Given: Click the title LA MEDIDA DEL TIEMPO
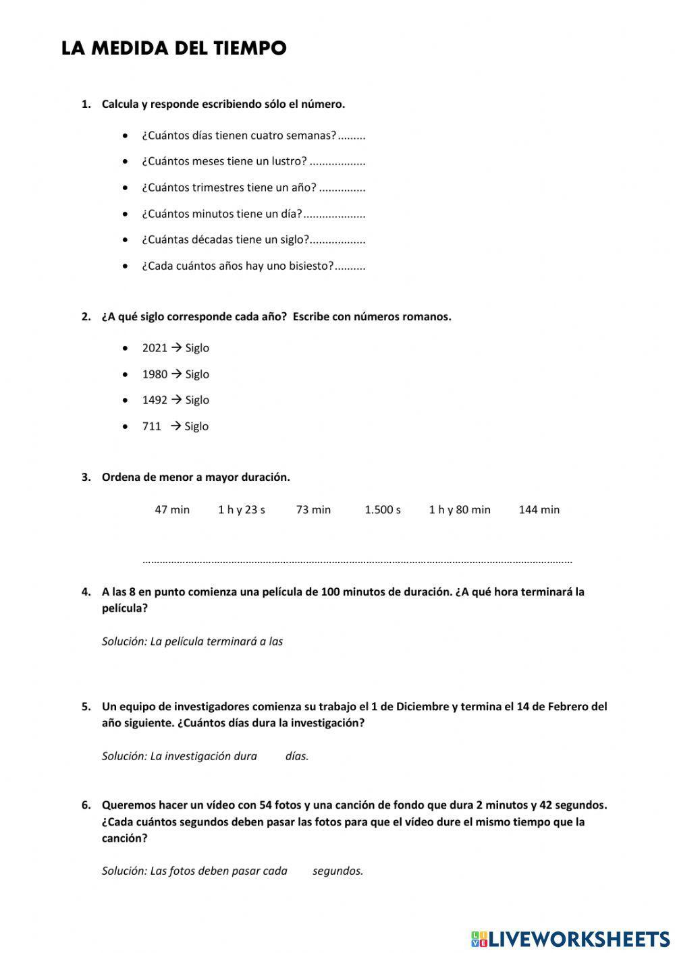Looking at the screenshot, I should coord(173,49).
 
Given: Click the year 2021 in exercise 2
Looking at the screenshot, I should coord(155,348).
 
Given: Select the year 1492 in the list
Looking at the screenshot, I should coord(155,400).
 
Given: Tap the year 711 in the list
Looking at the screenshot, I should coord(151,426).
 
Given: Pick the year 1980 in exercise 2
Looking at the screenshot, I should coord(155,374).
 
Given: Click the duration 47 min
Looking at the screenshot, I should coord(172,510).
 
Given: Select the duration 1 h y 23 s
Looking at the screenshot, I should coord(241,510).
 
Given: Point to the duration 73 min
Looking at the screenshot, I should coord(313,510).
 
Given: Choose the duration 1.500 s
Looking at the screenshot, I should coord(383,510).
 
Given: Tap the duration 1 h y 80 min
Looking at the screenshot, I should coord(460,510).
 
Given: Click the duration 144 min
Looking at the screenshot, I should coord(539,510).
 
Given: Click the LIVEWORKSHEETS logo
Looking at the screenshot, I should coord(570,938).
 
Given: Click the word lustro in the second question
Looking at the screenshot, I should coord(289,162).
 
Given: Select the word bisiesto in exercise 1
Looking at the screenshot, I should coord(311,266).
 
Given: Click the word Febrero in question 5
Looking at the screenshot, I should coord(568,707).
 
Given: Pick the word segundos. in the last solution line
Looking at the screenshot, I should coord(337,871).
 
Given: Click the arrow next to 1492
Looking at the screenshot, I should coord(176,400).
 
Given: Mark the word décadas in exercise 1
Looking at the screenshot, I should coord(206,239).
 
